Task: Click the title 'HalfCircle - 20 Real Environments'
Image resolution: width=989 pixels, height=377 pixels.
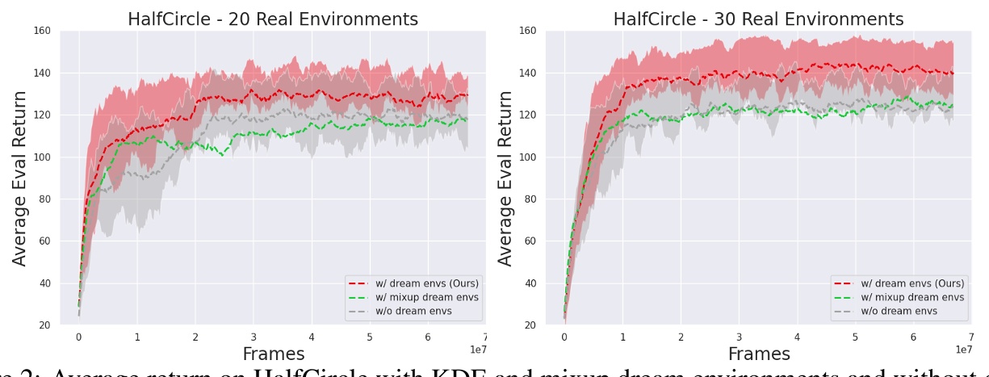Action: pyautogui.click(x=273, y=19)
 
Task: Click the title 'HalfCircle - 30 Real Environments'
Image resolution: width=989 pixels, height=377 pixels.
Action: pyautogui.click(x=758, y=19)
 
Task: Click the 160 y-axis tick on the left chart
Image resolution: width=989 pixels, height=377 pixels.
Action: pyautogui.click(x=42, y=31)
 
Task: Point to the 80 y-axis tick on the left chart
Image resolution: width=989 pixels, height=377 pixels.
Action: pyautogui.click(x=44, y=199)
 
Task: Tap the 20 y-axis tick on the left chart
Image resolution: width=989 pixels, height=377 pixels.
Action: pyautogui.click(x=44, y=325)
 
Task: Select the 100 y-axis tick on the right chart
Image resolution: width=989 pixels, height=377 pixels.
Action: pyautogui.click(x=526, y=157)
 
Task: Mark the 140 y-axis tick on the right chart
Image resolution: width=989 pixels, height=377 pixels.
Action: pyautogui.click(x=526, y=73)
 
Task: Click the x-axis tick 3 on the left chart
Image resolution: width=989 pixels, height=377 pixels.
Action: pyautogui.click(x=253, y=337)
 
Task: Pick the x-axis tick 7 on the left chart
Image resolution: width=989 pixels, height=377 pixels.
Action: pyautogui.click(x=485, y=337)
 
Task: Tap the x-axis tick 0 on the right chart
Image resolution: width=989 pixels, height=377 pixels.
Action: pyautogui.click(x=564, y=337)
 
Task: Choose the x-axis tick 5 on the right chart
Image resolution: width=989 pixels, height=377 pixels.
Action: pyautogui.click(x=855, y=337)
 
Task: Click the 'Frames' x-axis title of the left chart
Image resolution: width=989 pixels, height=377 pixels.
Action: pyautogui.click(x=273, y=354)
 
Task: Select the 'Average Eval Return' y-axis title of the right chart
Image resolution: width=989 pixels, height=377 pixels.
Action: pyautogui.click(x=505, y=178)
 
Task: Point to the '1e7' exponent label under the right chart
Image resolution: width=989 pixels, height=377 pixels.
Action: pyautogui.click(x=963, y=349)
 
